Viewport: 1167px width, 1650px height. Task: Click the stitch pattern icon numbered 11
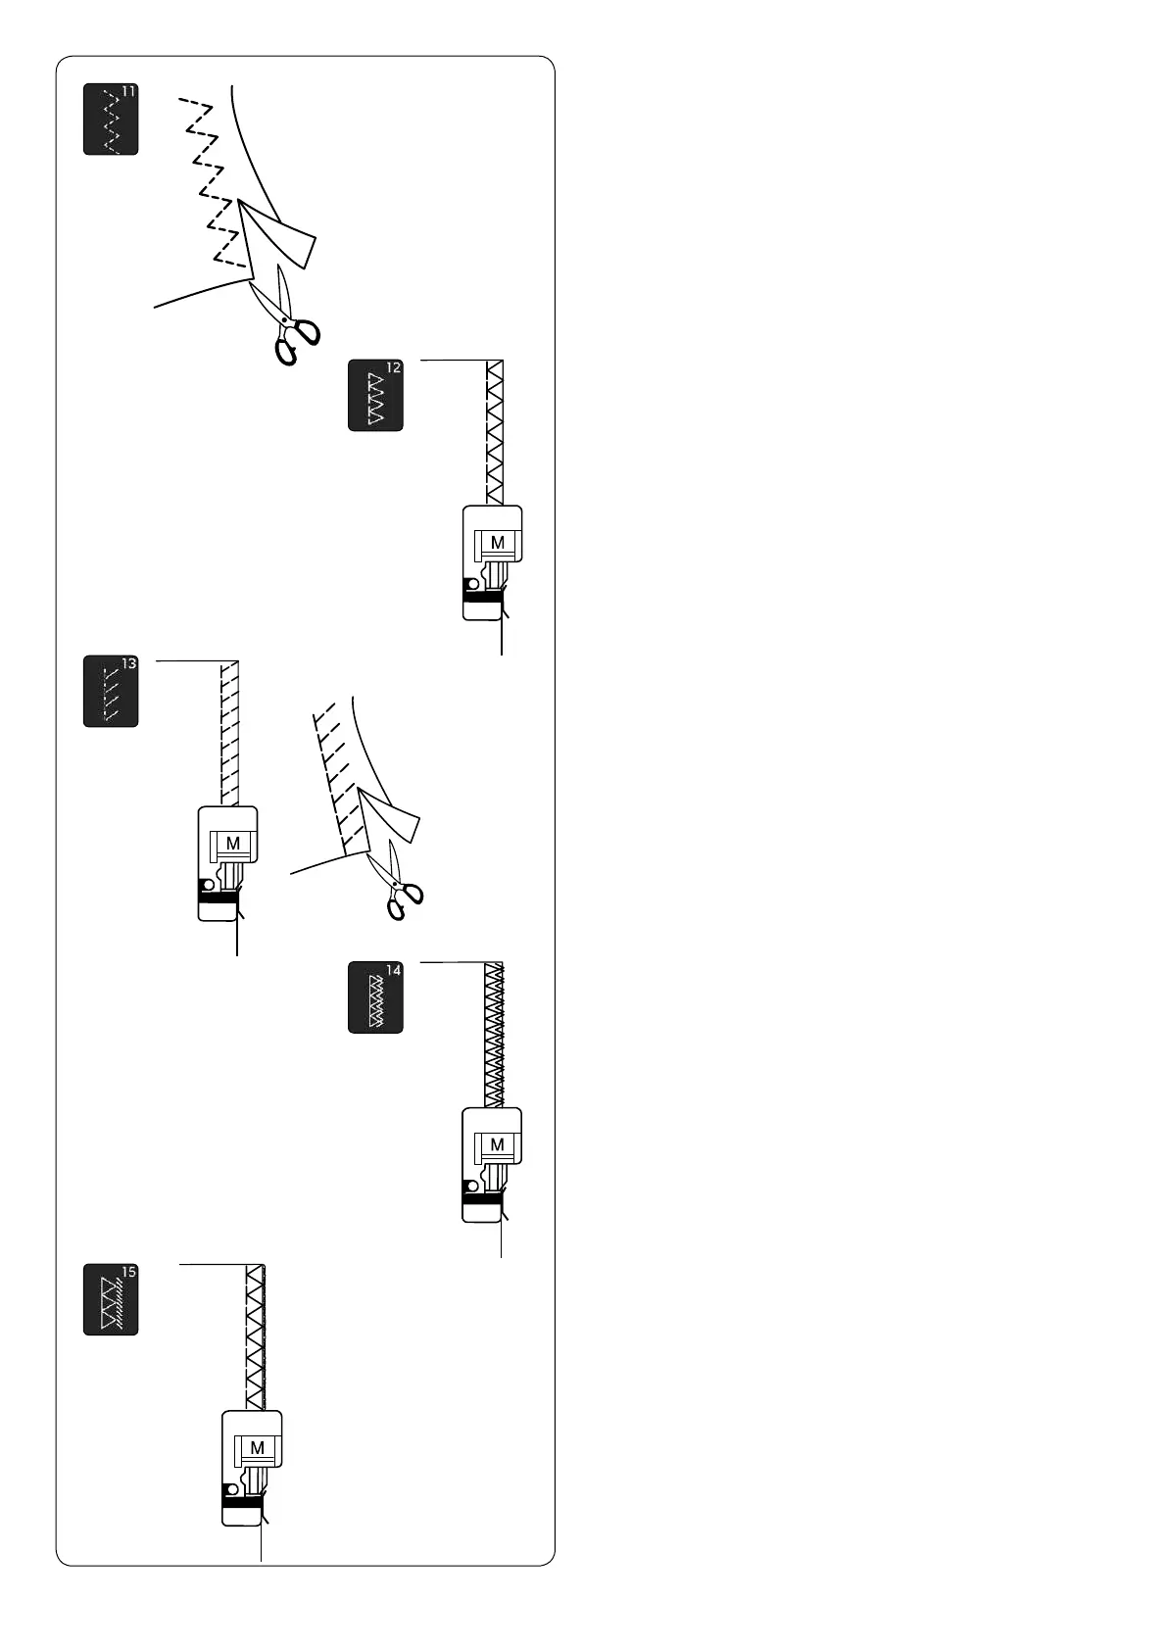point(111,120)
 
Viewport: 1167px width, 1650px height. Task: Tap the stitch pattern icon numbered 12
point(375,396)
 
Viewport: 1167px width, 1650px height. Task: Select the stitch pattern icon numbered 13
point(111,692)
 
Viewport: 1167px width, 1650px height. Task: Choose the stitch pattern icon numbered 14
point(375,998)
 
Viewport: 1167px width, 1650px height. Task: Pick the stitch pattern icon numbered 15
point(111,1299)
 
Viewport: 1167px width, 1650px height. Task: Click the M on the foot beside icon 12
point(498,543)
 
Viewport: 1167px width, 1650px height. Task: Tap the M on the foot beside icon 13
point(233,844)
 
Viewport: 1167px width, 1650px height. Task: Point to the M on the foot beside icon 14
point(498,1144)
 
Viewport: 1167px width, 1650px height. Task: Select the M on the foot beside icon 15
point(258,1447)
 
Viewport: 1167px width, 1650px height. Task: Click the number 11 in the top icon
point(129,92)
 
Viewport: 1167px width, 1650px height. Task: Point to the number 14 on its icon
point(393,970)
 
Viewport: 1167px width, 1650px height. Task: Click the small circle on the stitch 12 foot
point(474,584)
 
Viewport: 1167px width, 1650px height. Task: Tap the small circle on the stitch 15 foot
point(234,1488)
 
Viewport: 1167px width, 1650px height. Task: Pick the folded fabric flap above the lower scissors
point(390,821)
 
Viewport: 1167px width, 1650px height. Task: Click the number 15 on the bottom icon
point(128,1272)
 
